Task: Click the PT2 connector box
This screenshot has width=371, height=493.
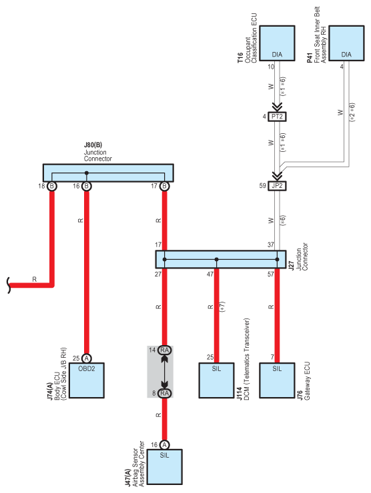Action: (277, 117)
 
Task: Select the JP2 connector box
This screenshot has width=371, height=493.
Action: (277, 186)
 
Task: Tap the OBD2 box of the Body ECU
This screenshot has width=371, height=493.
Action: (87, 380)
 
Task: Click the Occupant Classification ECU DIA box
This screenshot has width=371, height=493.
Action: (277, 43)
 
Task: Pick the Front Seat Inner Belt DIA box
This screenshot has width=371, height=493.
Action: (346, 43)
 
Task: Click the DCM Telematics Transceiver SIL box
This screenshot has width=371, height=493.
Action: (216, 380)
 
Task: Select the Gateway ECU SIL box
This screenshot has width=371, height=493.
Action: (277, 380)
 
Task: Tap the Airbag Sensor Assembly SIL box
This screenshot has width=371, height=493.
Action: (164, 467)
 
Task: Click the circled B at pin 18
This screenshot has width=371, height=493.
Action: (52, 186)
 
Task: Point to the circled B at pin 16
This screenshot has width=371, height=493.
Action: (87, 186)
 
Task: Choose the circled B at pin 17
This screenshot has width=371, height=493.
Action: (164, 186)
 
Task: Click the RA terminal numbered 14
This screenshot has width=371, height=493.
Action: (164, 350)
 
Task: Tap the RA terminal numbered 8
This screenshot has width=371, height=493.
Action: (164, 393)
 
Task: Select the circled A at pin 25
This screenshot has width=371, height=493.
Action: (87, 358)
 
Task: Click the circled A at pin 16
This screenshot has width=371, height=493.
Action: (164, 445)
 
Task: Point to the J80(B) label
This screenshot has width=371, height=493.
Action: (93, 145)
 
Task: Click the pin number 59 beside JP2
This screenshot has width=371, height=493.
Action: (263, 186)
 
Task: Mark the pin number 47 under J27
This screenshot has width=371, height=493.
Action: (210, 274)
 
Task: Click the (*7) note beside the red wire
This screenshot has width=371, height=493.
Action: (223, 307)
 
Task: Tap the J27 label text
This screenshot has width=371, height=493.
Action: (292, 266)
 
